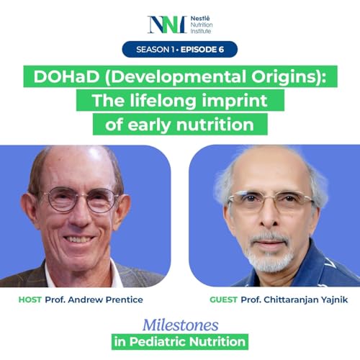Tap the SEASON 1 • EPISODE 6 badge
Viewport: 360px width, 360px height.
(x=180, y=50)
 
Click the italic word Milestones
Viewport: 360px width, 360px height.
(x=181, y=323)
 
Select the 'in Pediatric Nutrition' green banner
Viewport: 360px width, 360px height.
(x=180, y=341)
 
